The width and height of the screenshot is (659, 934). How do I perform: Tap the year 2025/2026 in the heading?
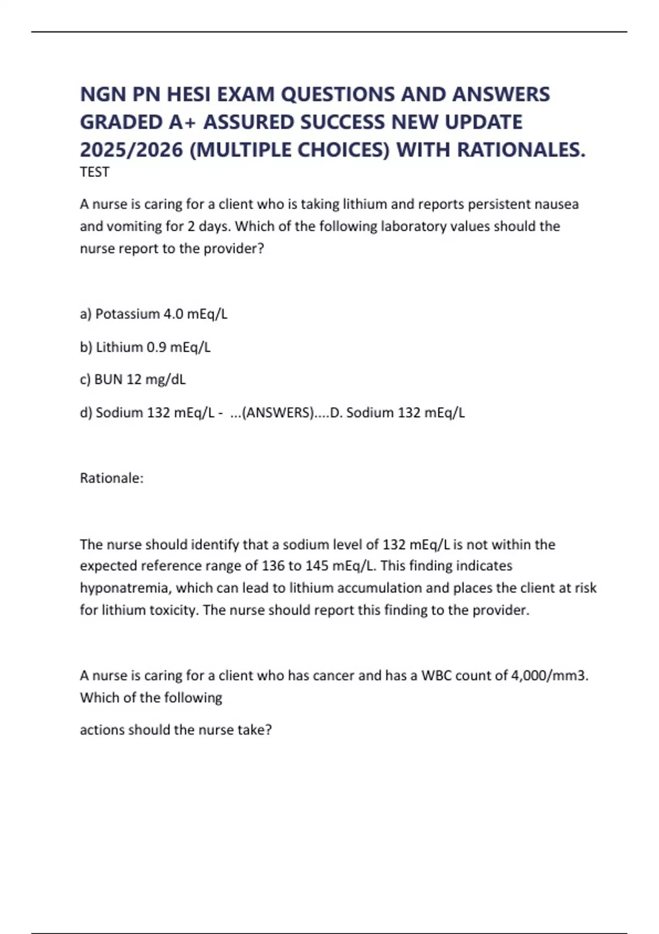131,149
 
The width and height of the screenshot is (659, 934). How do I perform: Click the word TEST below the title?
94,172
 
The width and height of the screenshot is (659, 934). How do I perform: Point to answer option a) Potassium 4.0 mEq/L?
154,314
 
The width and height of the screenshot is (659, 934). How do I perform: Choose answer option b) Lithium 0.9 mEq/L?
146,347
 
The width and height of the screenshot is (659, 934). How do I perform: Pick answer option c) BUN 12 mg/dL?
133,379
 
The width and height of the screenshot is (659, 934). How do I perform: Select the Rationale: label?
111,478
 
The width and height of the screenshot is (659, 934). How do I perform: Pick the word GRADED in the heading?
121,122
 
